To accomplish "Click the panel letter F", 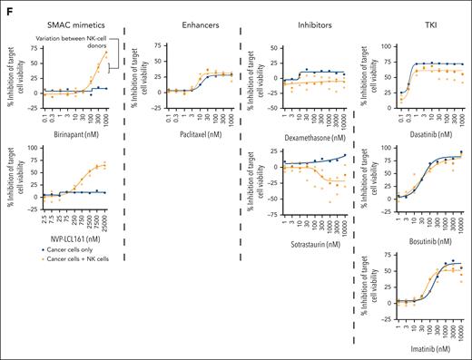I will pos(6,7).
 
